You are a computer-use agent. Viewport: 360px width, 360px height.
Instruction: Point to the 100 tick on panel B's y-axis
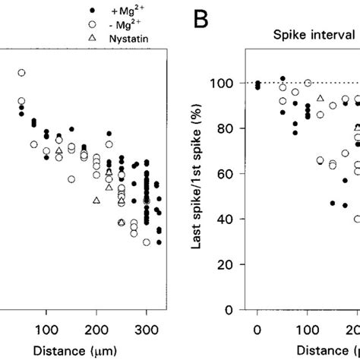232,83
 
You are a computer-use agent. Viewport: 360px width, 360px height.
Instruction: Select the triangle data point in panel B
321,99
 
